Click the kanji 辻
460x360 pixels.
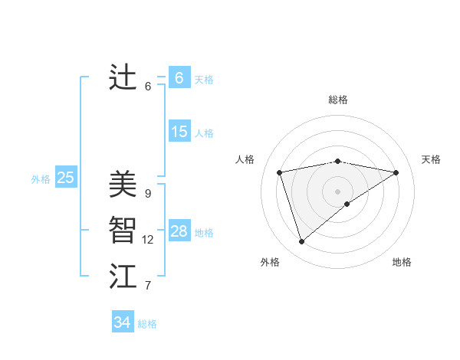(123, 77)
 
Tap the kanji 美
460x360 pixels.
(123, 184)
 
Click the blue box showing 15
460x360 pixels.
(179, 132)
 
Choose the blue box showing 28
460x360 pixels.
(179, 231)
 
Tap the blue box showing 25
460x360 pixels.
(65, 178)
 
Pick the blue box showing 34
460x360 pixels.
(123, 322)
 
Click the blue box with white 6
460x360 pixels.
(179, 78)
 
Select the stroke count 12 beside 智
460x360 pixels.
(148, 240)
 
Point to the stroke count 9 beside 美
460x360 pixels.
(147, 193)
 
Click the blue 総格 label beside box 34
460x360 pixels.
(147, 324)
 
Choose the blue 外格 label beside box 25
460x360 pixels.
(41, 179)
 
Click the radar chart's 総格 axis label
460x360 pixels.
(337, 100)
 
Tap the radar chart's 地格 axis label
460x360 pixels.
(402, 262)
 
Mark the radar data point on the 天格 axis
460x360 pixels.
(396, 172)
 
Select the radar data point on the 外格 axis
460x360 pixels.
(301, 241)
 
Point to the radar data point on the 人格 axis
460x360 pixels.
(280, 172)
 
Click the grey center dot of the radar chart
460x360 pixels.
(337, 191)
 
